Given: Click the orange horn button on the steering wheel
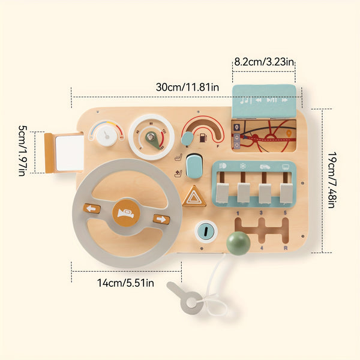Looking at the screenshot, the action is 126,213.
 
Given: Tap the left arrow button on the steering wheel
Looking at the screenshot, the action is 92,208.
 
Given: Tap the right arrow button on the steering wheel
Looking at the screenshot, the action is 161,219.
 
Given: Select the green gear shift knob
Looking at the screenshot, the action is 238,243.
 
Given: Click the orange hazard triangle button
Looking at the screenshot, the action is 194,196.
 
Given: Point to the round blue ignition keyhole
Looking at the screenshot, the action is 206,232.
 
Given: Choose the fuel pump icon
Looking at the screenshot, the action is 203,137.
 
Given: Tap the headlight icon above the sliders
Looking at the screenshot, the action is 223,166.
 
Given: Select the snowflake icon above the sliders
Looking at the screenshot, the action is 242,166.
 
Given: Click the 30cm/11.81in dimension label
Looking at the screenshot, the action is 187,87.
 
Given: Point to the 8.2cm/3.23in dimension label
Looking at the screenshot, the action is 264,62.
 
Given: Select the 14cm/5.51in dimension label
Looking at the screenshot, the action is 125,283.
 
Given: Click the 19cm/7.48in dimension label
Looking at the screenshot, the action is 332,180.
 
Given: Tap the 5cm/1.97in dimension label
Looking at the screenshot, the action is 22,151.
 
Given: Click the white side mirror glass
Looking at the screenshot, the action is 70,153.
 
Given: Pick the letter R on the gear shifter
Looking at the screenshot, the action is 286,248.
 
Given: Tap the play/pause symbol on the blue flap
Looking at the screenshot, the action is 272,100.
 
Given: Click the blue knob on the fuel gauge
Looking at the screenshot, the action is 187,139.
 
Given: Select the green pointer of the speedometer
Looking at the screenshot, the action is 152,140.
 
